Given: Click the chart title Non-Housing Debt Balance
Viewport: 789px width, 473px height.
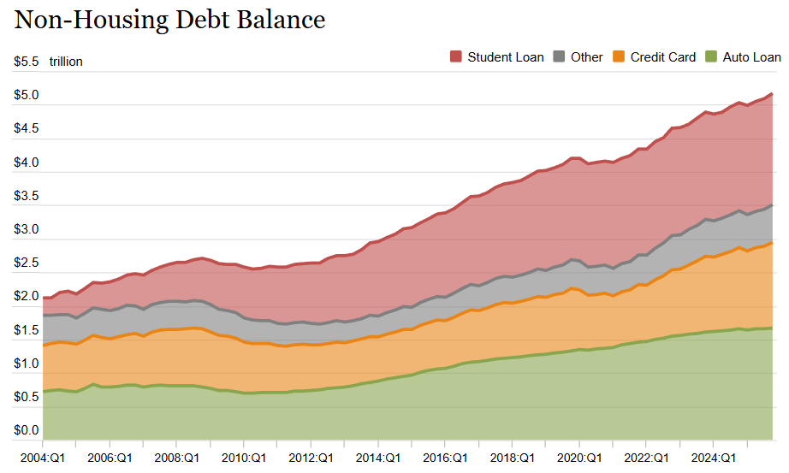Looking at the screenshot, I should point(169,20).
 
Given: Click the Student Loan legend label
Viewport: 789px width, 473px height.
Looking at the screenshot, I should point(505,57).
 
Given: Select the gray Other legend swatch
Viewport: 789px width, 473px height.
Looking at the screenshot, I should point(560,57).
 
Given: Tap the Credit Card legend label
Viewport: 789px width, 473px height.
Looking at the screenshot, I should point(662,57).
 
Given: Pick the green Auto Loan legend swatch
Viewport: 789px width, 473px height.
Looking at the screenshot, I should point(710,57).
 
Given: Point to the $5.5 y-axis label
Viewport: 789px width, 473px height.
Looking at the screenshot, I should point(27,62).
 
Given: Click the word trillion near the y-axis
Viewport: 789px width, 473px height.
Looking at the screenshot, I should point(66,62).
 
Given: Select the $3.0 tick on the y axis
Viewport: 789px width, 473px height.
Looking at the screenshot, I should point(27,229).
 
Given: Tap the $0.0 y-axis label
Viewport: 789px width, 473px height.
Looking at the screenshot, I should point(27,430).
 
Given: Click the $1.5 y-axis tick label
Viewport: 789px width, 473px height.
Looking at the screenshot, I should point(27,330).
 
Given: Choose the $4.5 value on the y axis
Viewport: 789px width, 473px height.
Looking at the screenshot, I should point(27,129).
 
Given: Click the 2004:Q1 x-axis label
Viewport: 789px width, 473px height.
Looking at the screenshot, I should point(43,458).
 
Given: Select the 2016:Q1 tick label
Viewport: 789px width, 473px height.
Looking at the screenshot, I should point(444,458).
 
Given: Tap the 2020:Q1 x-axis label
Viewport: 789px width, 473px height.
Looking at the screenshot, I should point(578,458).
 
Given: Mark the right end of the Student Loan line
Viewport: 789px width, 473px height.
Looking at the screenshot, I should point(772,93).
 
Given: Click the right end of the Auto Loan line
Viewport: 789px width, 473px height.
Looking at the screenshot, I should point(772,328).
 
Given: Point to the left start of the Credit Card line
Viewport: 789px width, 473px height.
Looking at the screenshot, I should point(44,346).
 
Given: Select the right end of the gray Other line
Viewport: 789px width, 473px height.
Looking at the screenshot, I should point(772,205).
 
